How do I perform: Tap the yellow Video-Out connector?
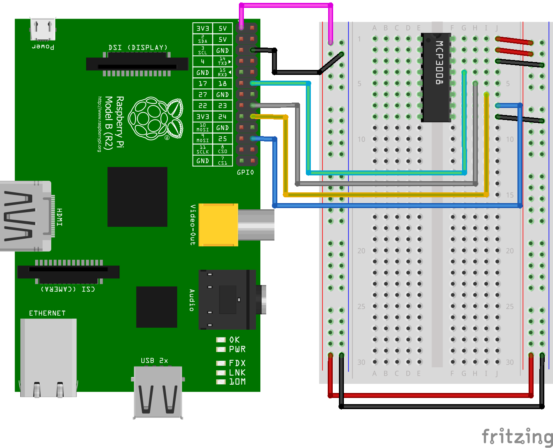(218, 225)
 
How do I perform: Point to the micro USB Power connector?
(43, 29)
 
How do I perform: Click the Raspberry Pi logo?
(155, 118)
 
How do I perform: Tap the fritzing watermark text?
(517, 436)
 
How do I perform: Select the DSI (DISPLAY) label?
(138, 48)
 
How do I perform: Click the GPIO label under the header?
(245, 172)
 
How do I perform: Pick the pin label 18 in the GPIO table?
(222, 84)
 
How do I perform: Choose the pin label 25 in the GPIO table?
(222, 139)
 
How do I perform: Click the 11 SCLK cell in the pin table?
(203, 150)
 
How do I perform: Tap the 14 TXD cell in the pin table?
(222, 61)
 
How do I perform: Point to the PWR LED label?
(237, 350)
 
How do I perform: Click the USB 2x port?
(157, 391)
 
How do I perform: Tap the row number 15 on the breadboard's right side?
(510, 195)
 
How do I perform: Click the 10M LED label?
(237, 382)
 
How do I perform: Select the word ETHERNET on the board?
(47, 313)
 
